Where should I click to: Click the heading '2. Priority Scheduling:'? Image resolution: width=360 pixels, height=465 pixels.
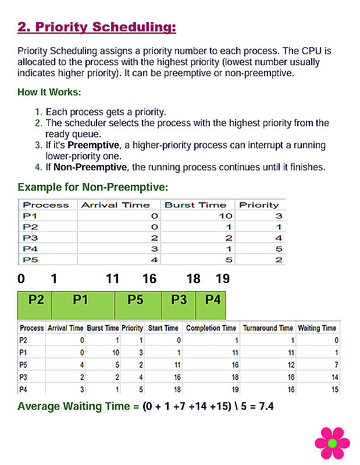97,27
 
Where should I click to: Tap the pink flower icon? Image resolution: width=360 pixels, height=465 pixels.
332,443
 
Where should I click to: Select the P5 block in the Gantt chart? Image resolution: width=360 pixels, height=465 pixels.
136,301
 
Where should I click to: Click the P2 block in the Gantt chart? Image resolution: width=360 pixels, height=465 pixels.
36,301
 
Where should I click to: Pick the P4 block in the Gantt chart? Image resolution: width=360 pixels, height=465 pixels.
213,301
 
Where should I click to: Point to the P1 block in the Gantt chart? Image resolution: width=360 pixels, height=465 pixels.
80,301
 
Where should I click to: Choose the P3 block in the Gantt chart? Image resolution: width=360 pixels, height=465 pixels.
179,301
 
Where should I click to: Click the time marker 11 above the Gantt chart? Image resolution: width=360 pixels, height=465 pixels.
112,279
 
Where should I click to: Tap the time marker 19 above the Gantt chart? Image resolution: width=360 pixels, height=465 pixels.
223,279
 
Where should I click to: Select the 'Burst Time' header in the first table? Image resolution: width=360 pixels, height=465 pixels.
195,205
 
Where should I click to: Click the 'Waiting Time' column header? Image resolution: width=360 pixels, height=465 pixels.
317,328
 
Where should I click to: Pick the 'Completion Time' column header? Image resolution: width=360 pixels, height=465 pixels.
211,328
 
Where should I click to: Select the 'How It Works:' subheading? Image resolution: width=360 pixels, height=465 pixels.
49,92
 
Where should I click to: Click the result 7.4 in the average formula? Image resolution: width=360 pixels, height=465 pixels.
266,406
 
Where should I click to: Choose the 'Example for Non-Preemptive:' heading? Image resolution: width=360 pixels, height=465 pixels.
93,187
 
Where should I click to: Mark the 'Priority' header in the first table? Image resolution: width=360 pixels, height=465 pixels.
259,205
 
